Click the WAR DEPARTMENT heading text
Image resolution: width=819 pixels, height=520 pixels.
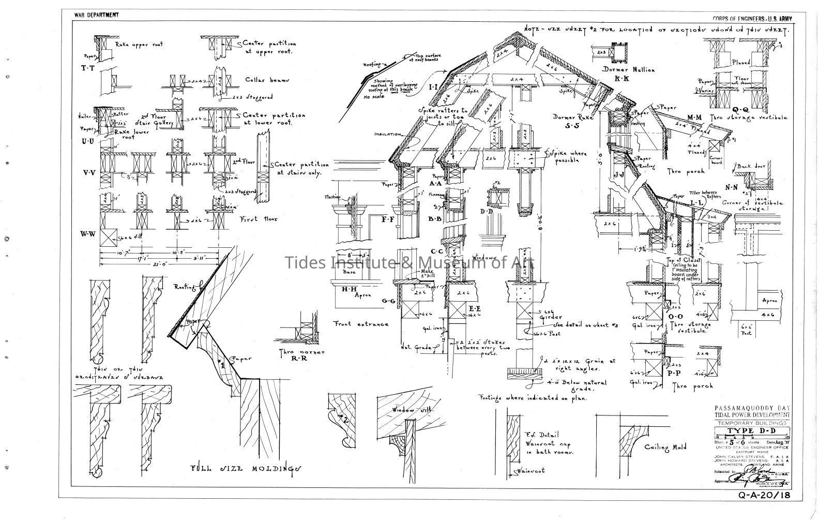point(97,15)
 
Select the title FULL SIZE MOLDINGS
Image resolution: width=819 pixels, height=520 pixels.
point(246,468)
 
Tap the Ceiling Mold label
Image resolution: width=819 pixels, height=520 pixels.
point(665,447)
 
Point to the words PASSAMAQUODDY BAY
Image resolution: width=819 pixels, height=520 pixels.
point(752,408)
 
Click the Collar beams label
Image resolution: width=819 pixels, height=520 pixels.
point(267,81)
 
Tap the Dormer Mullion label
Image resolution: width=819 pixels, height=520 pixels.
point(628,69)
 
